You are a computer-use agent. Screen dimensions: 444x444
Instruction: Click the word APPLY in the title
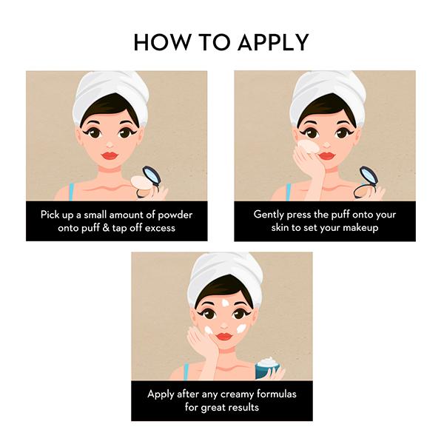point(273,42)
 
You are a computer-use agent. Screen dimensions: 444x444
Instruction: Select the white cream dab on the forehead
point(226,303)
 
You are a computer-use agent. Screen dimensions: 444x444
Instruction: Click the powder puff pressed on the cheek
point(308,147)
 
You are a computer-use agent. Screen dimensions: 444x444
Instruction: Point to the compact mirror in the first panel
point(152,176)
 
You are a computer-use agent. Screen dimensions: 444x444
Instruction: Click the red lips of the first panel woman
point(110,155)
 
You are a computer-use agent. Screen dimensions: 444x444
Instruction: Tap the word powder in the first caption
point(175,215)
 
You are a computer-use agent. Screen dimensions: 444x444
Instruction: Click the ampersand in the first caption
point(106,228)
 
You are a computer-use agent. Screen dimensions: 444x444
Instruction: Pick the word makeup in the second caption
point(360,228)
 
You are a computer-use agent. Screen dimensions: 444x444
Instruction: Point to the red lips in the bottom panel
point(224,337)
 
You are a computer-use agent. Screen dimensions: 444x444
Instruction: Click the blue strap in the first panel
point(71,192)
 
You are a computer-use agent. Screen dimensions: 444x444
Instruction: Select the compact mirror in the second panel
point(369,176)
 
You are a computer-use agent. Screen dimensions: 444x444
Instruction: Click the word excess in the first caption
point(160,228)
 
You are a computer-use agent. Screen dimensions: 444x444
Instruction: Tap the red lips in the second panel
point(326,155)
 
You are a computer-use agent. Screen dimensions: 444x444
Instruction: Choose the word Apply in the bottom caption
point(161,394)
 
